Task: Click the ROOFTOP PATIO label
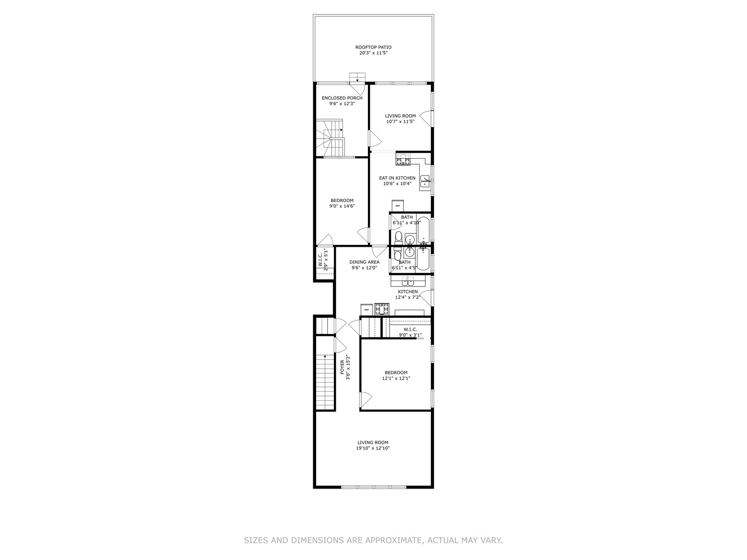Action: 373,47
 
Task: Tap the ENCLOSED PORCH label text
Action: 342,98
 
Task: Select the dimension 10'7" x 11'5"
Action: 400,121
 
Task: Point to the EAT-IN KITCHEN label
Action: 397,178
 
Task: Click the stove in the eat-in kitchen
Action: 404,159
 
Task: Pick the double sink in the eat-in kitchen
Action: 425,182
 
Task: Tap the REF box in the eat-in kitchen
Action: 397,205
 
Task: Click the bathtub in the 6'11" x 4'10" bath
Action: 424,230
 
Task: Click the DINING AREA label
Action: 364,262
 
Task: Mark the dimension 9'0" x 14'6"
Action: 342,206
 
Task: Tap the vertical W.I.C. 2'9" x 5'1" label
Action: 323,259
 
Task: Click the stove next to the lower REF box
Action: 381,309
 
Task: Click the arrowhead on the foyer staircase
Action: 325,357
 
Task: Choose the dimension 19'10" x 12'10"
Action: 373,448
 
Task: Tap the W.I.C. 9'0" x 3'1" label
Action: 410,332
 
